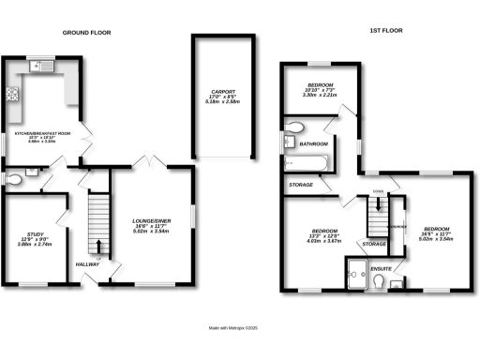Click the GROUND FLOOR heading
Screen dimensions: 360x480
(x=86, y=32)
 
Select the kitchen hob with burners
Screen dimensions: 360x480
(x=14, y=94)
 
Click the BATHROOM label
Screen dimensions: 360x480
(x=312, y=144)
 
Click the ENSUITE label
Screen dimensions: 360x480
(x=381, y=268)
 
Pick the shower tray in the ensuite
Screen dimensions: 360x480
(x=356, y=274)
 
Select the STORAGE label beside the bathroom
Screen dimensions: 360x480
(x=301, y=185)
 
